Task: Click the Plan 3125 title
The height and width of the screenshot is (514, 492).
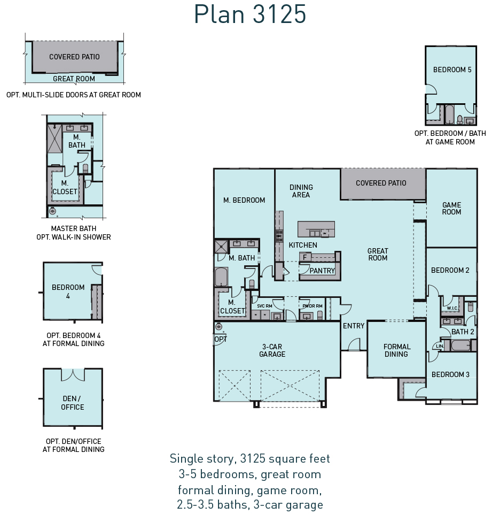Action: tap(250, 14)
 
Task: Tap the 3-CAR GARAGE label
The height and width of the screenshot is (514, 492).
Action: tap(272, 350)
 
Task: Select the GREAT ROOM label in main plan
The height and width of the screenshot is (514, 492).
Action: tap(378, 255)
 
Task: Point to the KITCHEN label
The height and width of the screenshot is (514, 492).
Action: tap(303, 245)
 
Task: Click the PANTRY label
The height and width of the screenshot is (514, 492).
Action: tap(322, 271)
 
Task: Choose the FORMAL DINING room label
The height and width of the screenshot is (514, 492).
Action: tap(396, 350)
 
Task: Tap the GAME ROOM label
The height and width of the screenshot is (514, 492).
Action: tap(452, 208)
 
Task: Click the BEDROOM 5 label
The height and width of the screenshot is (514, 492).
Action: tap(452, 70)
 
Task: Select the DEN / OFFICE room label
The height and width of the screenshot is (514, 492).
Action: tap(72, 403)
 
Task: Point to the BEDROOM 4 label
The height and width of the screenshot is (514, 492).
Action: tap(68, 291)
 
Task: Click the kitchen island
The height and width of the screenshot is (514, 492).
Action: tap(316, 229)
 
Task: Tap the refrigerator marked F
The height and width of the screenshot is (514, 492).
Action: tap(304, 257)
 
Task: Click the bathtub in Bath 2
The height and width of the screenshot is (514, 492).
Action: tap(461, 345)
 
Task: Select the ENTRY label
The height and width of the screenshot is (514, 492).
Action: tap(354, 326)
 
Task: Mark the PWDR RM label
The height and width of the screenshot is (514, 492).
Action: tap(313, 306)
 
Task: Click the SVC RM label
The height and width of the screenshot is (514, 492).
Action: tap(264, 306)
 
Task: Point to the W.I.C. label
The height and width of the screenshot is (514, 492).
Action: tap(452, 308)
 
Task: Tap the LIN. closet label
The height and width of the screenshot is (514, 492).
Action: tap(440, 346)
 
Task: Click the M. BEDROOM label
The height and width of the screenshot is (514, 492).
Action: tap(244, 200)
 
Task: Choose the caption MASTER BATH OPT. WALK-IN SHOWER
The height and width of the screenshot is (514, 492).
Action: tap(74, 233)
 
